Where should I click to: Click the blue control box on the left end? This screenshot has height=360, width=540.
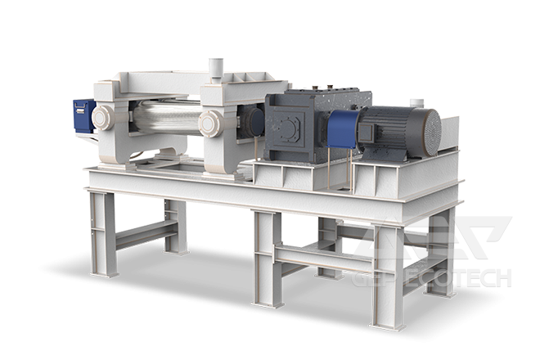tap(83, 115)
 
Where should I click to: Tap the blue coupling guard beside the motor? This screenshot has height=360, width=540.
tap(342, 128)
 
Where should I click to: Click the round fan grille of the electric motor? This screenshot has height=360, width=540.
tap(432, 133)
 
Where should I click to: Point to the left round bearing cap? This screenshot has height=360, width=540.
tap(102, 118)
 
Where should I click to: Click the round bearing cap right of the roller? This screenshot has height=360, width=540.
tap(211, 124)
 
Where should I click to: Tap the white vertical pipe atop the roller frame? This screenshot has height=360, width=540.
tap(216, 69)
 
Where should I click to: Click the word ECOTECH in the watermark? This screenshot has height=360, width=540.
tap(458, 277)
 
